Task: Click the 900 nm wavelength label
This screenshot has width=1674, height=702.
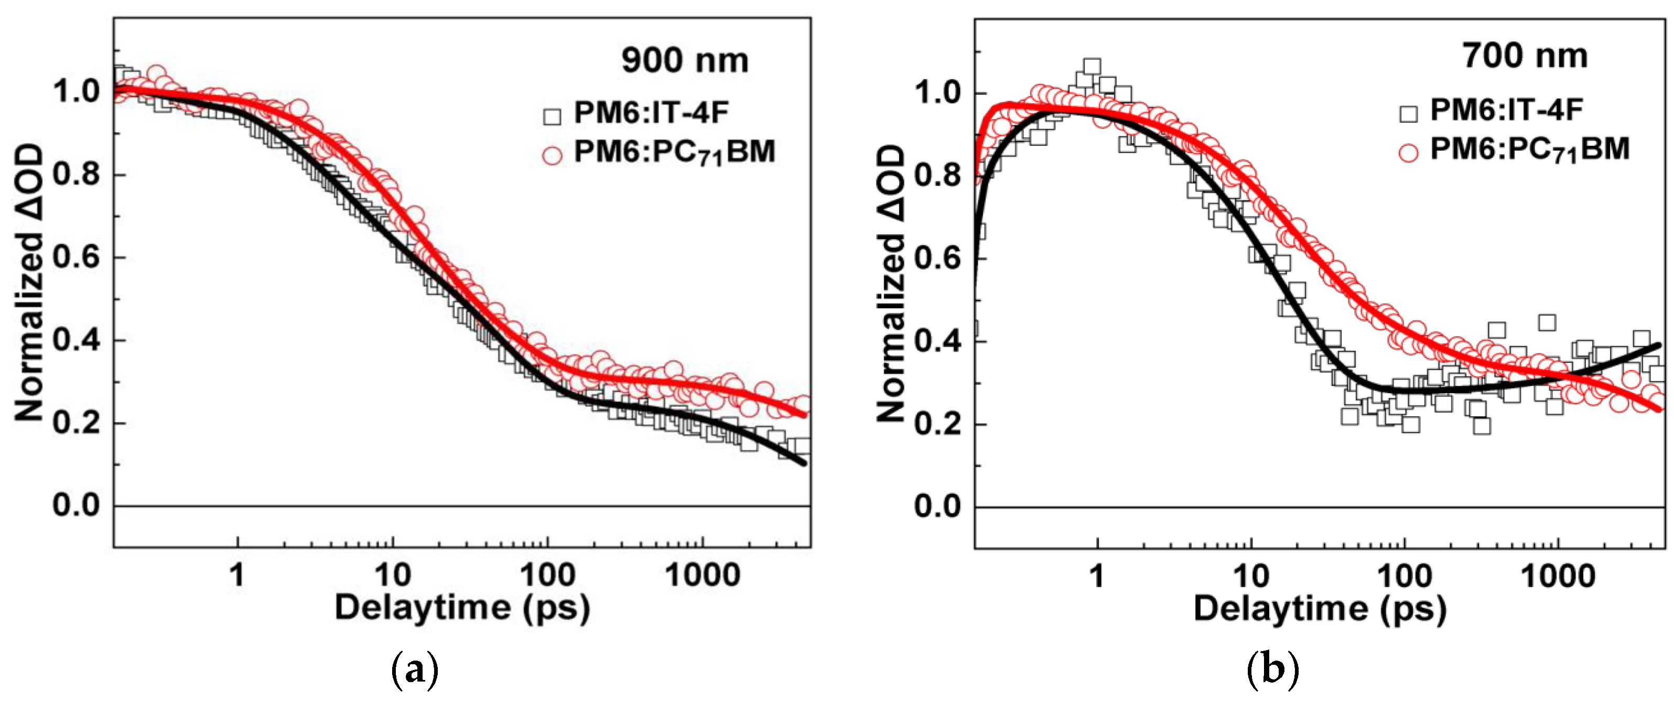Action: (684, 60)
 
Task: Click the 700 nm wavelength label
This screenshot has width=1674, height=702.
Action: (1525, 56)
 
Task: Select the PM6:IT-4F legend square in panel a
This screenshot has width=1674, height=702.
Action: (552, 117)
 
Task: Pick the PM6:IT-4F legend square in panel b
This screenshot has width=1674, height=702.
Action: (1408, 114)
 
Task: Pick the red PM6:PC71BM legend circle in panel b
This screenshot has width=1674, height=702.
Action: (1408, 153)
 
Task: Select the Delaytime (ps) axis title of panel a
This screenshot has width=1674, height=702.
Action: (462, 608)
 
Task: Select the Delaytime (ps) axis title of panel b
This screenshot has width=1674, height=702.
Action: (1320, 610)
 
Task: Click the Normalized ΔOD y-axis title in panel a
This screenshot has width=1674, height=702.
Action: (29, 283)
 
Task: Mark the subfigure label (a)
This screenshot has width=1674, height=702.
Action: (415, 669)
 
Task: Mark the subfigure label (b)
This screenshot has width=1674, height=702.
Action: (1272, 669)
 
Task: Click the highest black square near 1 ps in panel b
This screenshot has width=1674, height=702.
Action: (1092, 66)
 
